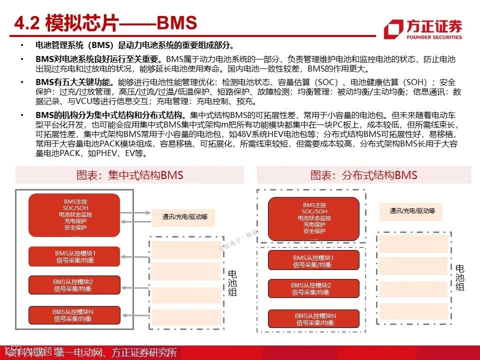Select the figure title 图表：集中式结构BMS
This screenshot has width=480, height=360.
[x=129, y=175]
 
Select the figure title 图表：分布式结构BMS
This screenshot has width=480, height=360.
[x=363, y=175]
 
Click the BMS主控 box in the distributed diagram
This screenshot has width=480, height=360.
[x=314, y=219]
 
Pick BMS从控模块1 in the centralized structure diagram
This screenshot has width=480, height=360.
[x=75, y=256]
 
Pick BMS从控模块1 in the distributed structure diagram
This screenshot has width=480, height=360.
[x=314, y=260]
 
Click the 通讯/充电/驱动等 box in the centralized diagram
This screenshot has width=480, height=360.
[x=184, y=217]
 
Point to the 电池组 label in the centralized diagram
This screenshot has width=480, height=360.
[x=232, y=283]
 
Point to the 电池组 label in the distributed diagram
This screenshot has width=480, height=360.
[x=459, y=278]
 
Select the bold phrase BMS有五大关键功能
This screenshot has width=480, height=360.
[x=74, y=82]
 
